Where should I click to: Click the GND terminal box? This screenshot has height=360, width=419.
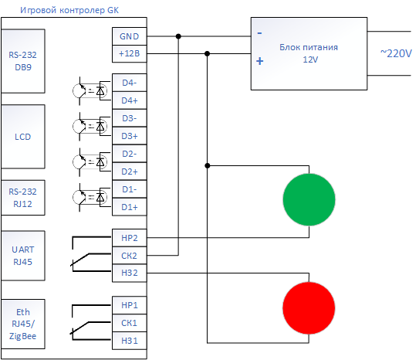coord(130,36)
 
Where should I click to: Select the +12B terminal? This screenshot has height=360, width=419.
coord(130,53)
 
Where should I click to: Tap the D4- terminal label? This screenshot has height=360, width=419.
coord(130,83)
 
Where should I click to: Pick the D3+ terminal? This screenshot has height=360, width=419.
coord(130,136)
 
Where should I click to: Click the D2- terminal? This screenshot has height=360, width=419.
coord(130,154)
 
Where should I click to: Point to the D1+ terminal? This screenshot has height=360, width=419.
coord(130,207)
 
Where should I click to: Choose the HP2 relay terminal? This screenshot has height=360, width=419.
coord(130,238)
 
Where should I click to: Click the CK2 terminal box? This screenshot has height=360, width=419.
coord(130,256)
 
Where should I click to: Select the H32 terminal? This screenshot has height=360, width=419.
coord(130,273)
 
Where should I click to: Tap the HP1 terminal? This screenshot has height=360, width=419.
coord(130,305)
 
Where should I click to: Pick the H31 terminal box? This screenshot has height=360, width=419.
coord(130,341)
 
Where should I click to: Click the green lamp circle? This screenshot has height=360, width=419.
coord(309,199)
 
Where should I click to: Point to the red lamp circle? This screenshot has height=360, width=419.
coord(309,307)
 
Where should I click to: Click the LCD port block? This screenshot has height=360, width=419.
coord(23,137)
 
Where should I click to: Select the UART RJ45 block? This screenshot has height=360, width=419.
coord(23,256)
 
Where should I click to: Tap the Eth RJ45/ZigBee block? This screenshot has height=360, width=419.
coord(23,324)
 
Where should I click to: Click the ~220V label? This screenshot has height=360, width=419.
coord(396,53)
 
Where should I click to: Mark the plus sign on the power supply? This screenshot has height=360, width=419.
coord(260,61)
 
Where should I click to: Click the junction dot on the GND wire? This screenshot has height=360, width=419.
coord(178,36)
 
